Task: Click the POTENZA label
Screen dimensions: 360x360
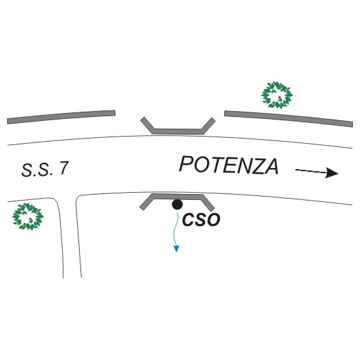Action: (x=229, y=165)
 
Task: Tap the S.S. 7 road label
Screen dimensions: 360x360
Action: (x=45, y=169)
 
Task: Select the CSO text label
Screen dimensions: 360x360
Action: (x=201, y=220)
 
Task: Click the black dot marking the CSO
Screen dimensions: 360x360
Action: (x=177, y=205)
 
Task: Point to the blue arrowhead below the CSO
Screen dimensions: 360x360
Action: (x=176, y=249)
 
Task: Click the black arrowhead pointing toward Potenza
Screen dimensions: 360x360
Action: (x=331, y=173)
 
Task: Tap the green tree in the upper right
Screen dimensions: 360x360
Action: (x=277, y=95)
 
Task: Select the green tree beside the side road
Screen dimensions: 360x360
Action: (x=28, y=216)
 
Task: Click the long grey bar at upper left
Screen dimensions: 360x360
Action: (x=61, y=117)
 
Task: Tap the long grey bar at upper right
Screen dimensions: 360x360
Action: (x=288, y=119)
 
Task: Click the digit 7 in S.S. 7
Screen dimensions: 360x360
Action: (x=64, y=169)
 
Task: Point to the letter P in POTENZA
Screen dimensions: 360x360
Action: (x=186, y=164)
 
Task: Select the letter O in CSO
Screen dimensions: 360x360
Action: (x=213, y=220)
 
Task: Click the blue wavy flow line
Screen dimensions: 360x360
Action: (x=177, y=229)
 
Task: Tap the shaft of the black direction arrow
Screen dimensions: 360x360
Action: (x=310, y=171)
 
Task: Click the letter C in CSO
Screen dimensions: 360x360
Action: (x=188, y=220)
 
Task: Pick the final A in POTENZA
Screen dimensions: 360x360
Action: (x=270, y=167)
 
